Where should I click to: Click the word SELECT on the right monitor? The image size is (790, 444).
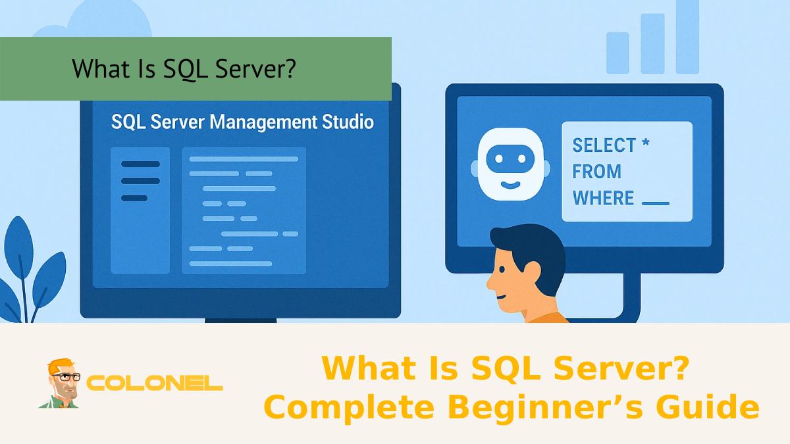click(604, 145)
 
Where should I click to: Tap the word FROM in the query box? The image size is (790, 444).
click(596, 172)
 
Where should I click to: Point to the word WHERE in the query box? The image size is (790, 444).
click(603, 198)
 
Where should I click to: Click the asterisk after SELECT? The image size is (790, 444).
click(645, 143)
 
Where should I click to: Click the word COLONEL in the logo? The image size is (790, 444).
click(155, 383)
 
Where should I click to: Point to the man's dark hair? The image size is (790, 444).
click(530, 243)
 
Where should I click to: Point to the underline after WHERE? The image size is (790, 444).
click(655, 203)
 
